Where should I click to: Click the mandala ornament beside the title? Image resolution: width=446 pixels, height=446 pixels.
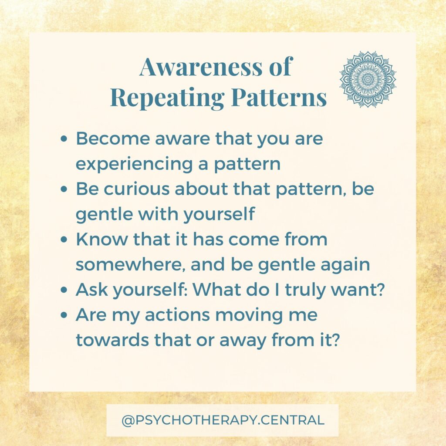coord(368,79)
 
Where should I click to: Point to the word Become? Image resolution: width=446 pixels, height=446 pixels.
coord(113,139)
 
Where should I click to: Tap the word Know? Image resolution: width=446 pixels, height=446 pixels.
coord(102,239)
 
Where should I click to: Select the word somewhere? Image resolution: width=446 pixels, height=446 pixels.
coord(130,264)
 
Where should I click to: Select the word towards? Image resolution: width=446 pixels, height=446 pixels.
coord(112,340)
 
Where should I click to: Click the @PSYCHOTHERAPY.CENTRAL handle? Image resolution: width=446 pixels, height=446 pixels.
coord(223,420)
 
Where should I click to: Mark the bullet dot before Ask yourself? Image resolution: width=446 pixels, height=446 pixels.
coord(64,290)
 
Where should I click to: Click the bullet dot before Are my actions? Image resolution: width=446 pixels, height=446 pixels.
coord(64,315)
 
